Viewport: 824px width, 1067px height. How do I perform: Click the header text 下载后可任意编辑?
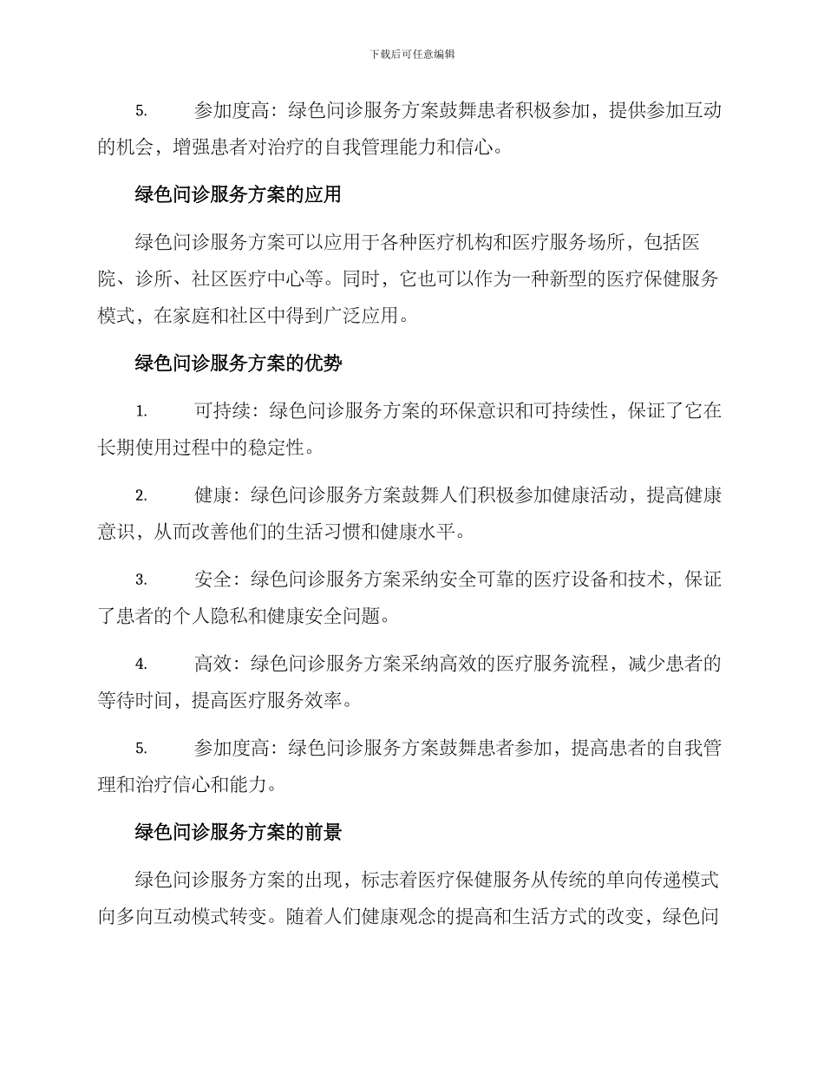pyautogui.click(x=412, y=54)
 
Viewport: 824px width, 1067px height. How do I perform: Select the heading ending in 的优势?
pyautogui.click(x=238, y=364)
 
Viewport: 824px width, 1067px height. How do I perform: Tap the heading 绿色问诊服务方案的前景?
pyautogui.click(x=238, y=833)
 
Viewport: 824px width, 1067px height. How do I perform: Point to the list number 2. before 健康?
pyautogui.click(x=141, y=496)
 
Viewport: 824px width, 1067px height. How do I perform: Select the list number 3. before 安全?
pyautogui.click(x=141, y=580)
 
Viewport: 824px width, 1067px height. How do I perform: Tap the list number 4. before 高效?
pyautogui.click(x=141, y=664)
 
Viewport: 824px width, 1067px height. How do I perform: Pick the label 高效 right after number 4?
pyautogui.click(x=213, y=664)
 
